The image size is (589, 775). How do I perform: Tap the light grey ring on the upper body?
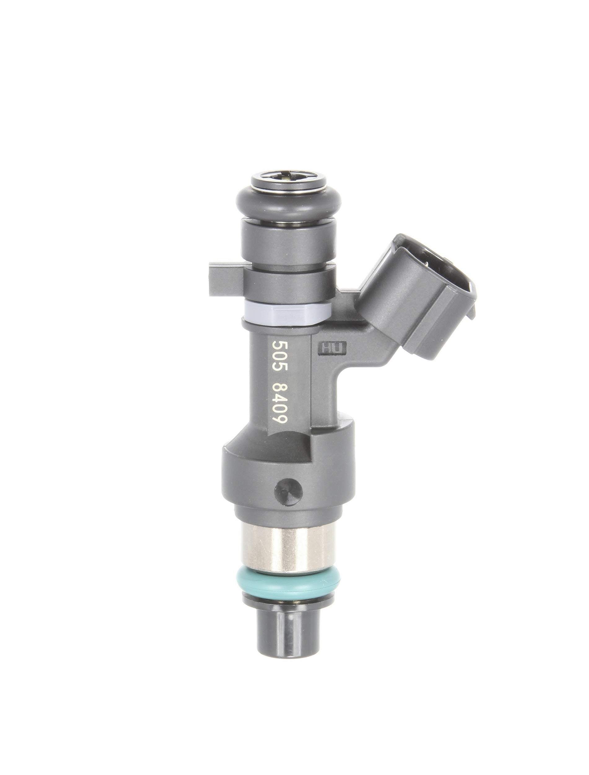point(286,312)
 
